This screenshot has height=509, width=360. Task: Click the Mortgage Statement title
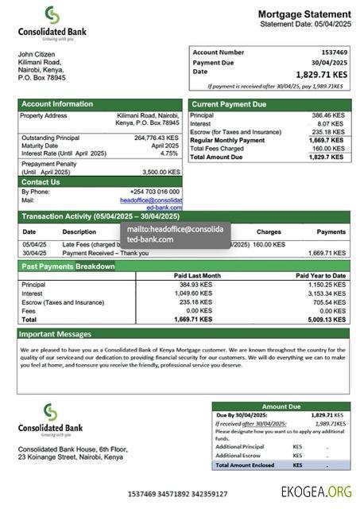pyautogui.click(x=304, y=14)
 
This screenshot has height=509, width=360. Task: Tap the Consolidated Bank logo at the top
pyautogui.click(x=52, y=23)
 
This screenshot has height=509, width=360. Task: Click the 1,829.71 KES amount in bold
pyautogui.click(x=319, y=75)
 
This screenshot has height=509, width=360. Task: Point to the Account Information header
pyautogui.click(x=57, y=104)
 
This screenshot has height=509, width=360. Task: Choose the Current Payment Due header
pyautogui.click(x=229, y=104)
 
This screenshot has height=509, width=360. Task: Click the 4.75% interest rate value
pyautogui.click(x=169, y=153)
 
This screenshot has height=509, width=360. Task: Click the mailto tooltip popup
pyautogui.click(x=175, y=234)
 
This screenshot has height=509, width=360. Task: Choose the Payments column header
pyautogui.click(x=331, y=231)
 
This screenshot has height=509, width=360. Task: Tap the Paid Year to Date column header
pyautogui.click(x=320, y=275)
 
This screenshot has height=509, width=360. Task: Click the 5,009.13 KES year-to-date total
pyautogui.click(x=326, y=319)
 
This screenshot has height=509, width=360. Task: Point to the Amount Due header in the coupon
pyautogui.click(x=281, y=406)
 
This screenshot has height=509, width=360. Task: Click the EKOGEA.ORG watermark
pyautogui.click(x=316, y=492)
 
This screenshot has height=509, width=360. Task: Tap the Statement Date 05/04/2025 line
pyautogui.click(x=305, y=25)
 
